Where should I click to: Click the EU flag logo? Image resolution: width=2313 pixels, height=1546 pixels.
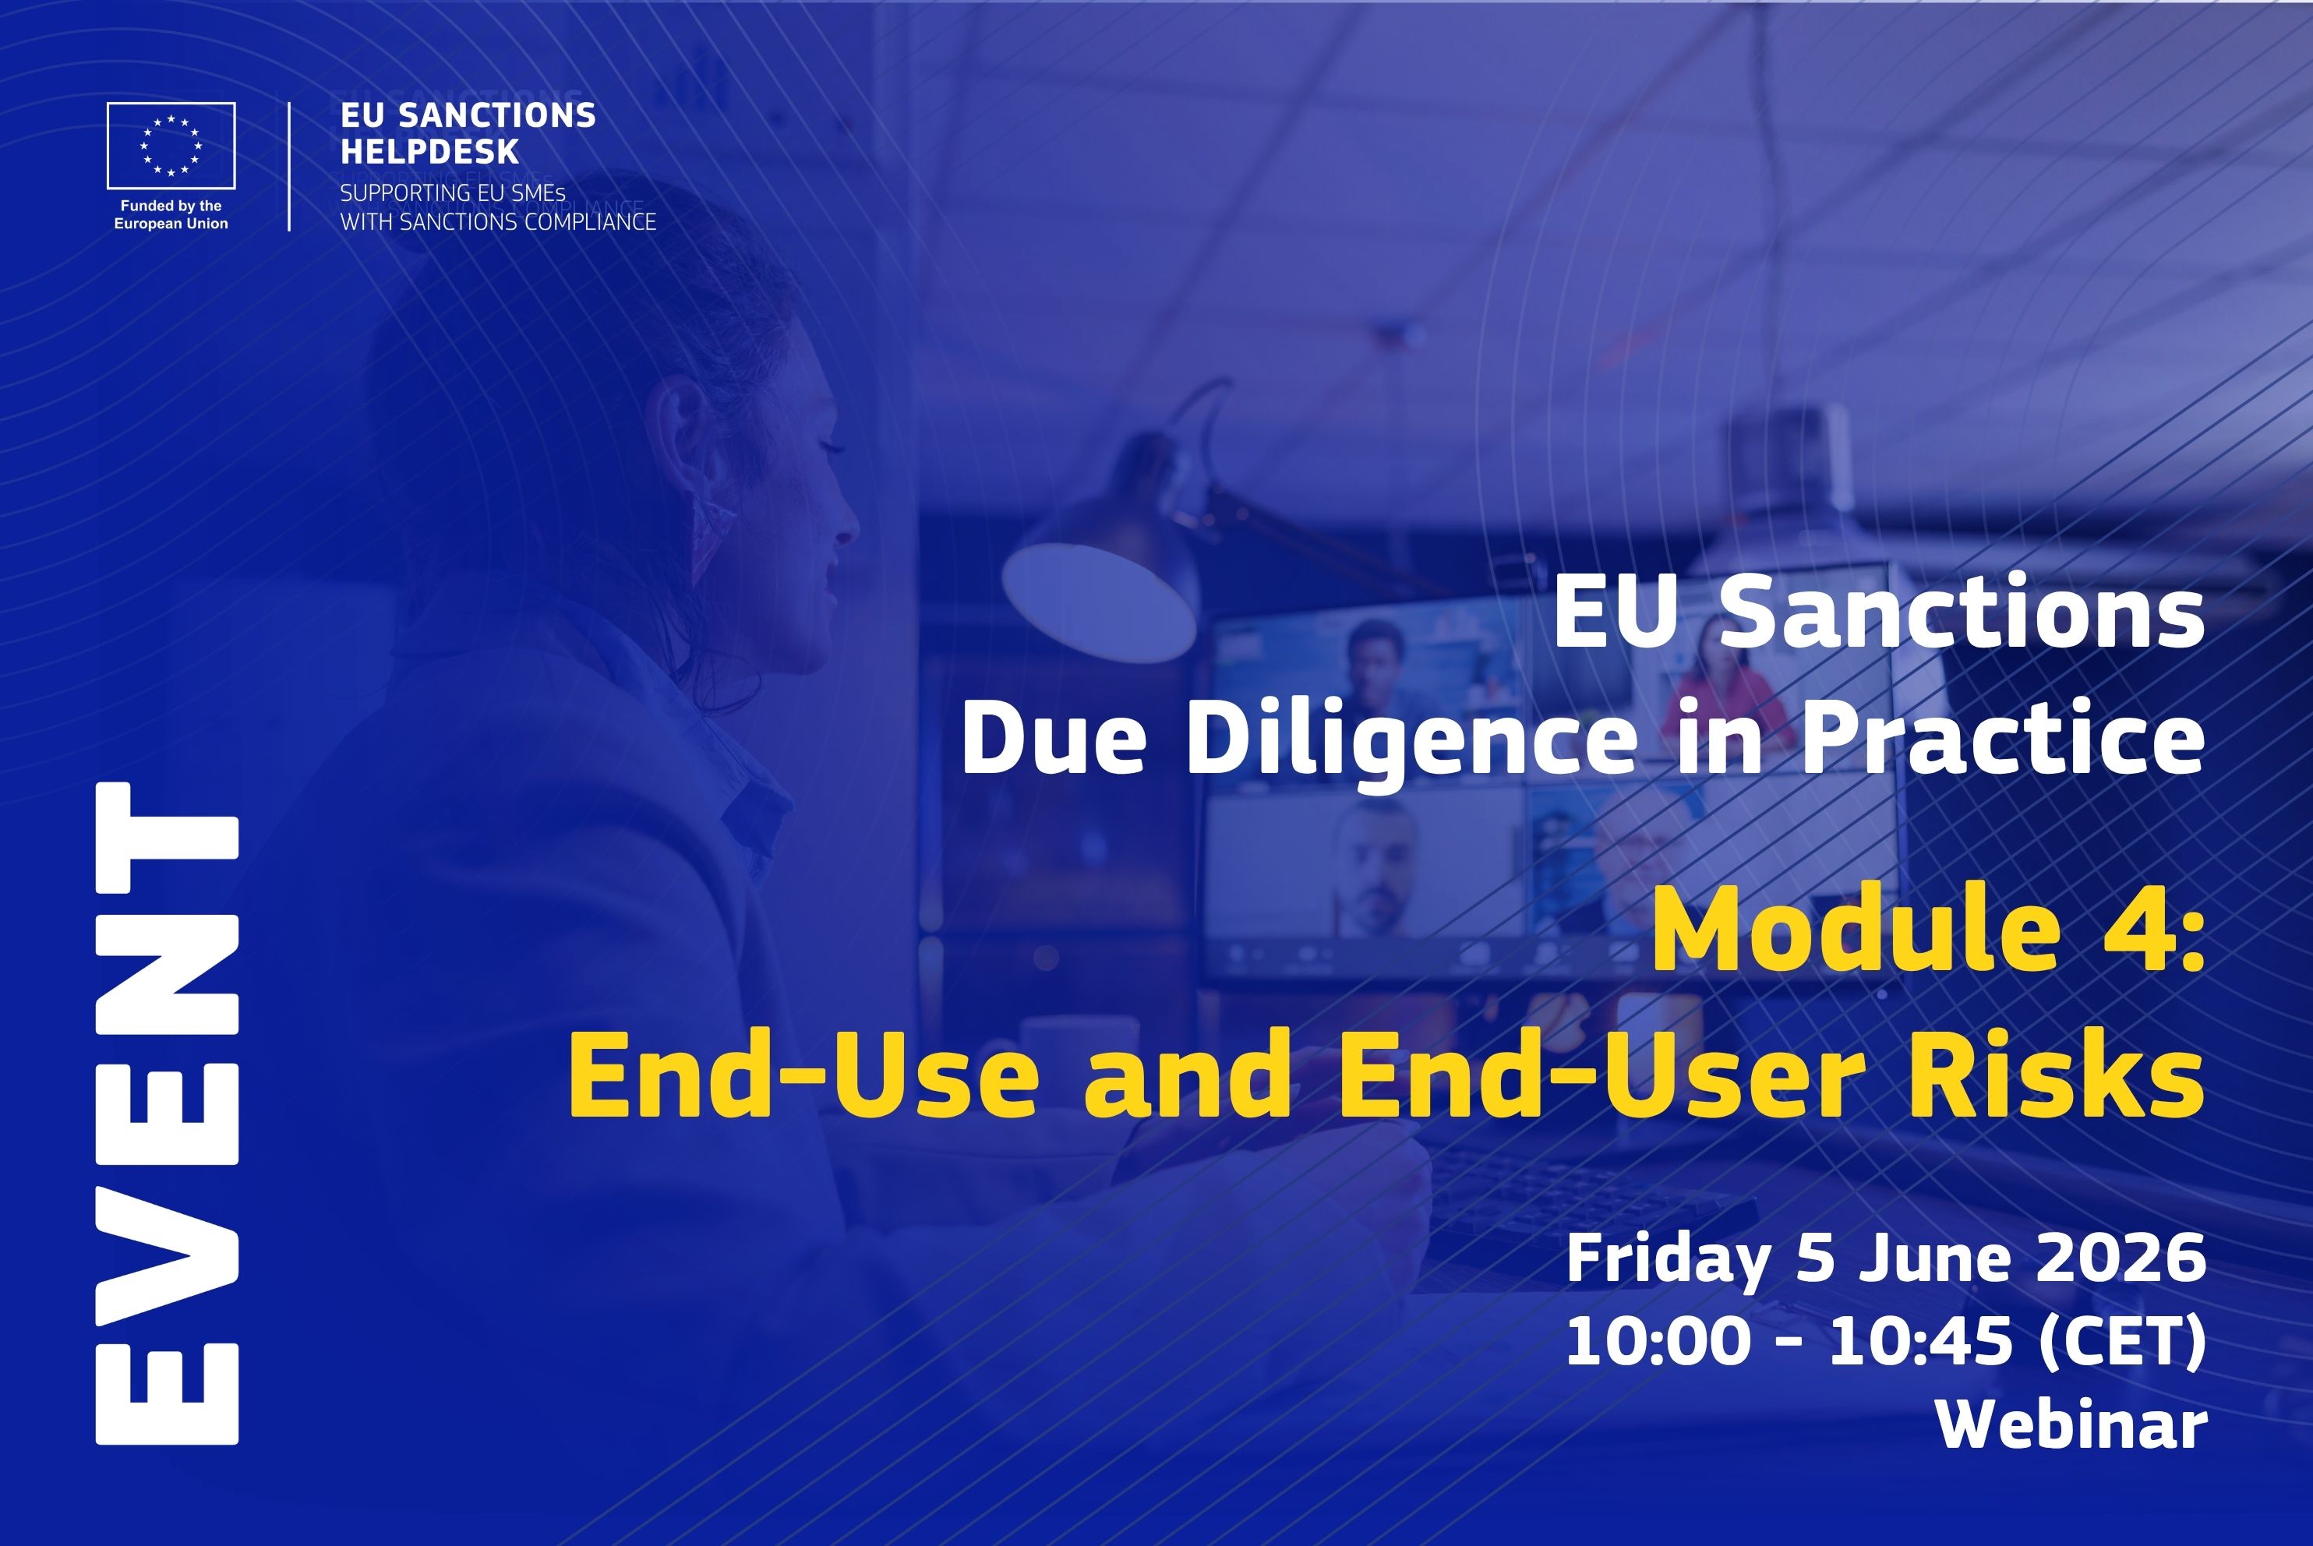tap(171, 145)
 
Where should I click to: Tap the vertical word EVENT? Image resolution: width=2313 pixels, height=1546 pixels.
tap(167, 1114)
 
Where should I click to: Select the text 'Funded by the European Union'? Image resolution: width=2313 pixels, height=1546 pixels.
tap(171, 215)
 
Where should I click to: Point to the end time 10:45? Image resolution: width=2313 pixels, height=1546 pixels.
tap(1920, 1342)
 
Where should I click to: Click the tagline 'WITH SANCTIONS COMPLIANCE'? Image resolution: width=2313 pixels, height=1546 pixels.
tap(498, 222)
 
